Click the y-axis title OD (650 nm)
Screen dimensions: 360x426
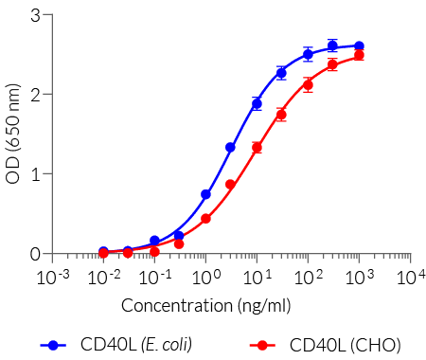coord(13,134)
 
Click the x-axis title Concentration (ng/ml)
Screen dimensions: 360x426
coord(205,305)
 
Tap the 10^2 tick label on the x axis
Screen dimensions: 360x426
coord(308,277)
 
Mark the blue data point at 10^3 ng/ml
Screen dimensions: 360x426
coord(359,45)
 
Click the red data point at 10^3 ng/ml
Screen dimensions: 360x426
coord(359,55)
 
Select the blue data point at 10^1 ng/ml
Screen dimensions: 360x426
coord(257,103)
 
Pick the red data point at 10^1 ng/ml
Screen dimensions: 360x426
coord(257,148)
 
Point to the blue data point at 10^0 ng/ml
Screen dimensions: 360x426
coord(205,194)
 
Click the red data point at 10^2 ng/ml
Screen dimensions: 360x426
coord(308,85)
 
